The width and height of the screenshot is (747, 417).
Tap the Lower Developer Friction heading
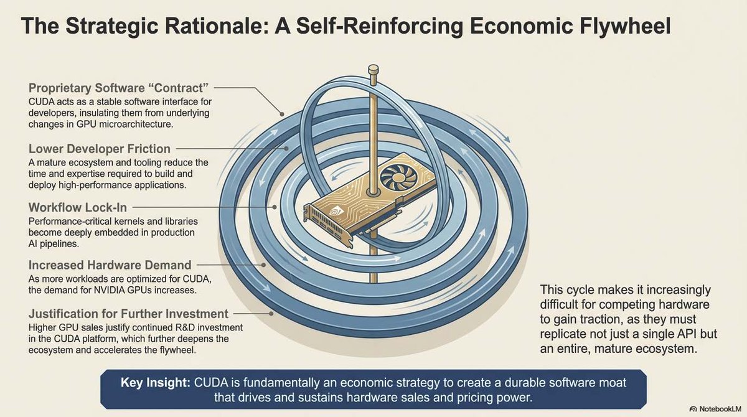click(100, 149)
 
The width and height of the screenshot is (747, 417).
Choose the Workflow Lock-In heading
click(78, 207)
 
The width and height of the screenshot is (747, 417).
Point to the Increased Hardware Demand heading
click(110, 266)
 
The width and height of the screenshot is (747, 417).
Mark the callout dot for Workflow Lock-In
click(273, 206)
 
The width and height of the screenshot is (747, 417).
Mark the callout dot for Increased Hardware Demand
click(264, 265)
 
